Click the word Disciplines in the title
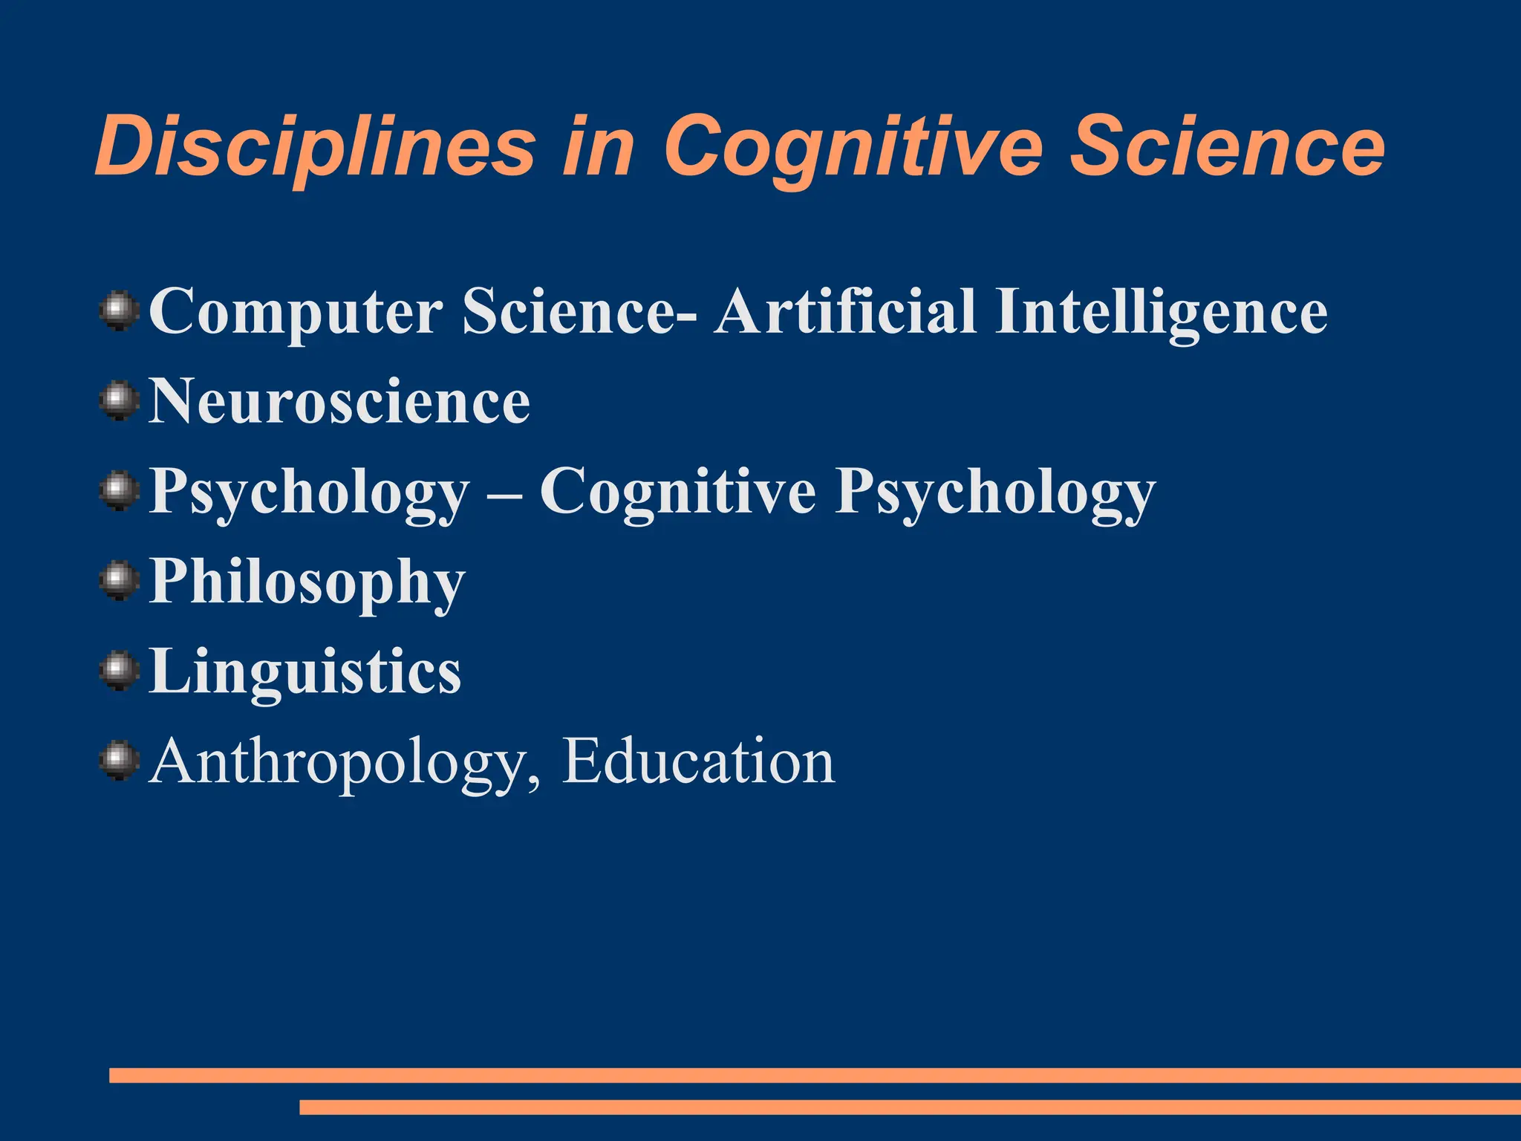click(x=315, y=146)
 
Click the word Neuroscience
click(x=339, y=402)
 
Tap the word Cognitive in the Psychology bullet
click(x=677, y=493)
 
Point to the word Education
click(x=698, y=762)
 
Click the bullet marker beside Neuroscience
click(x=119, y=402)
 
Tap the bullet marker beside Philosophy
click(x=119, y=582)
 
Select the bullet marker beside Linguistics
click(x=119, y=671)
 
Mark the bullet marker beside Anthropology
click(x=119, y=761)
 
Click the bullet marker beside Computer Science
click(x=119, y=311)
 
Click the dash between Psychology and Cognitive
click(x=504, y=494)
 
